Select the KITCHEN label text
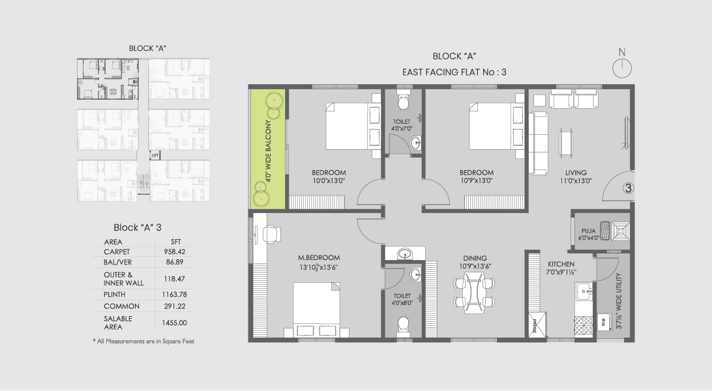click(x=561, y=264)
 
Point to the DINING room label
click(x=474, y=257)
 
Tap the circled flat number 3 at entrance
click(x=628, y=189)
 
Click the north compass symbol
click(x=623, y=66)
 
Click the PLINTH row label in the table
click(x=116, y=294)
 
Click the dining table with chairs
click(x=474, y=292)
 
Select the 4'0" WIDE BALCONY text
click(x=267, y=148)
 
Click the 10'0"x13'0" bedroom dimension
click(x=329, y=181)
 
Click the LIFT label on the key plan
click(x=155, y=156)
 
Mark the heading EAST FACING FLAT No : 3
click(x=454, y=73)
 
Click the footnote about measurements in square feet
click(x=143, y=341)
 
